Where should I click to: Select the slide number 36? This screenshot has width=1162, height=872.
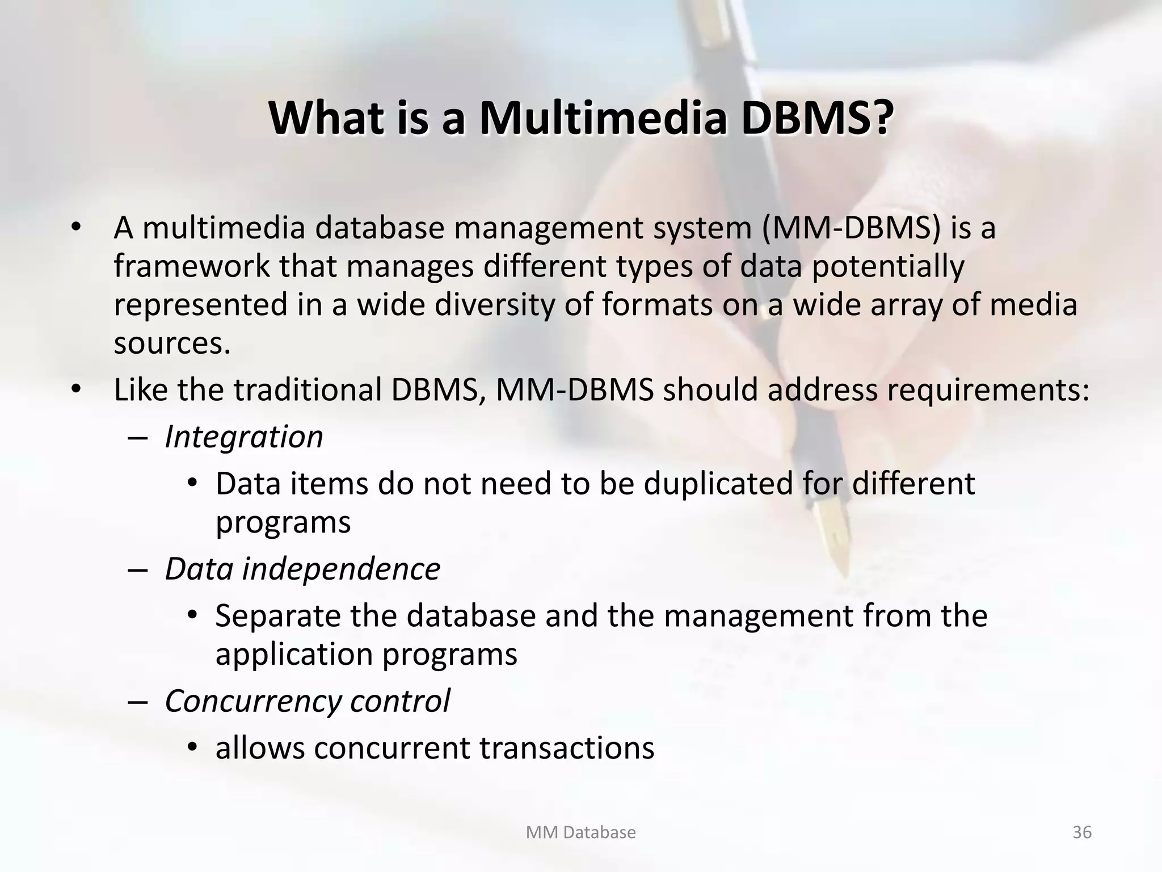[x=1082, y=832]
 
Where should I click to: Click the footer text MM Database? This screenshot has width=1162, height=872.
[x=580, y=832]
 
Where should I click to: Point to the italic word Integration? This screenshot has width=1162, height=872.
[x=243, y=437]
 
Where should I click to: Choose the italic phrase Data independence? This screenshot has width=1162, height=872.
[x=302, y=569]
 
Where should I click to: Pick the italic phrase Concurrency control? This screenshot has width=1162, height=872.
[x=307, y=701]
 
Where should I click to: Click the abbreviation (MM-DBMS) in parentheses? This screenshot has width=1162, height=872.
[x=851, y=228]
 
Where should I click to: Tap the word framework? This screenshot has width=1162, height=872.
[x=192, y=266]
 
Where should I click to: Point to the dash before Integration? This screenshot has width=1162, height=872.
[x=138, y=438]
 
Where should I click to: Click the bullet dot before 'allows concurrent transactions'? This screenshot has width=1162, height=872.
[x=193, y=748]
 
